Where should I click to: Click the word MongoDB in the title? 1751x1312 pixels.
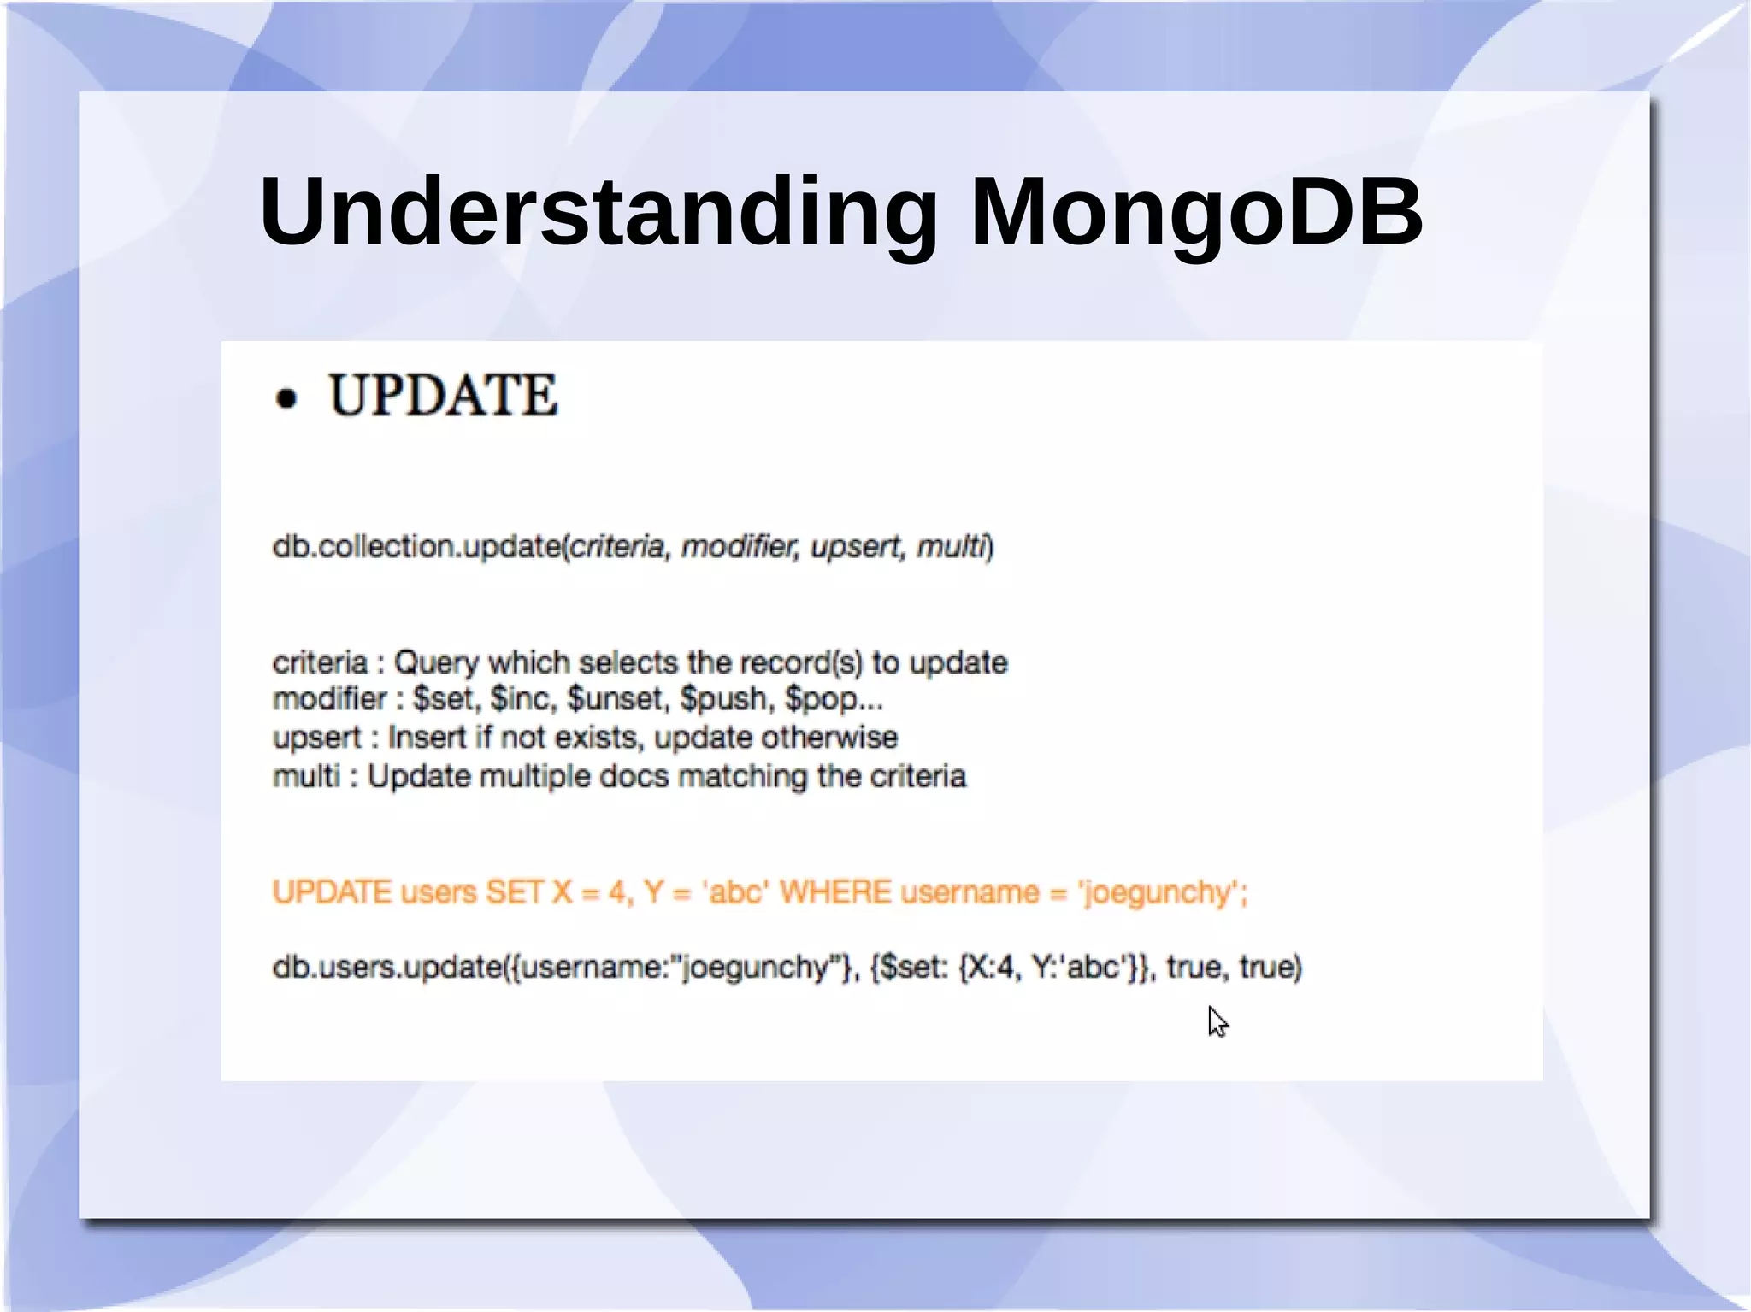1196,211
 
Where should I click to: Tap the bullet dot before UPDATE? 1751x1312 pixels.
287,398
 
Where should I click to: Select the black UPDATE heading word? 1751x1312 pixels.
443,396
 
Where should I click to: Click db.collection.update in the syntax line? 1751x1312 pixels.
416,546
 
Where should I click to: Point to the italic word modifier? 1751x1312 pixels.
740,546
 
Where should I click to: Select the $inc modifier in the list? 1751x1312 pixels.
522,699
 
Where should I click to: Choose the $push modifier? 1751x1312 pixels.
726,699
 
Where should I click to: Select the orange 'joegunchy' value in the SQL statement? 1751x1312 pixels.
1158,893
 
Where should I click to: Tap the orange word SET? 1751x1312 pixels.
514,892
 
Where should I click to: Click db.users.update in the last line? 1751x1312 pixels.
389,968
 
